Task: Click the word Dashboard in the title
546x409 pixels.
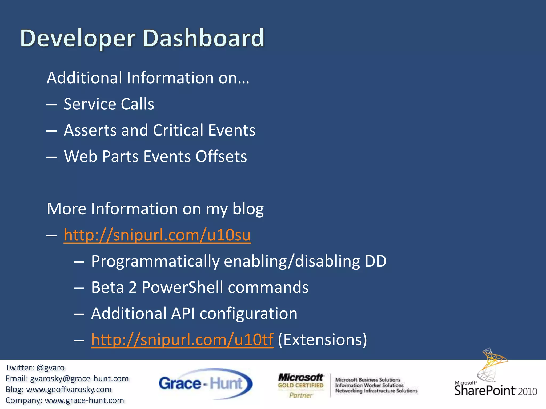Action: tap(204, 38)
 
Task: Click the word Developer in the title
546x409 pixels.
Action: tap(78, 38)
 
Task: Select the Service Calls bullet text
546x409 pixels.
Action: tap(109, 104)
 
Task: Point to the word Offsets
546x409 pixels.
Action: tap(221, 156)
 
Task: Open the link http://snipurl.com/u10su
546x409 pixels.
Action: tap(157, 235)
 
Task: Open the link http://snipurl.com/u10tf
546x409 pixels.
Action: tap(182, 340)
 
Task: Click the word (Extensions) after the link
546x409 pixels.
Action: tap(322, 340)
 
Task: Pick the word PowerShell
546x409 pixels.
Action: tap(182, 287)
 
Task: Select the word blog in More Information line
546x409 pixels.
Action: tap(248, 209)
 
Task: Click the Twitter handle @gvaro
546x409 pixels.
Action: tap(50, 368)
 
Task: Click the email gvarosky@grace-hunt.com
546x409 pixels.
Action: tap(79, 379)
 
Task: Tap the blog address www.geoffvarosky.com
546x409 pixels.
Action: tap(69, 390)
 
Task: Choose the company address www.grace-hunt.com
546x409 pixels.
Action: tap(84, 400)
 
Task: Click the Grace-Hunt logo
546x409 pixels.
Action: tap(205, 384)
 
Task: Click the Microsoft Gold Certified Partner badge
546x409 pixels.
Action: tap(301, 385)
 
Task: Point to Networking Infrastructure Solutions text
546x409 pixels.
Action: tap(376, 391)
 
